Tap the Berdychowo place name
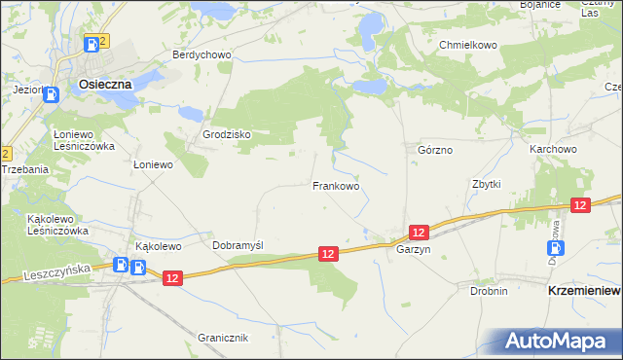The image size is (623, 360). [202, 55]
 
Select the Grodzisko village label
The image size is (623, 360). [227, 134]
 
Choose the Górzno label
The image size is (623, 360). [435, 151]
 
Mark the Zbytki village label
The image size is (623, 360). [486, 184]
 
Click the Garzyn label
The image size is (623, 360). [413, 249]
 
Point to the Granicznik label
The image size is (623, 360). [223, 338]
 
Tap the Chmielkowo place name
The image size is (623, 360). [468, 46]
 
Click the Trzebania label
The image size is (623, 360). [24, 169]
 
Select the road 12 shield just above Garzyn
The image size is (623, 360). [419, 232]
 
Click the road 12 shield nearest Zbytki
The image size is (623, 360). [580, 204]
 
